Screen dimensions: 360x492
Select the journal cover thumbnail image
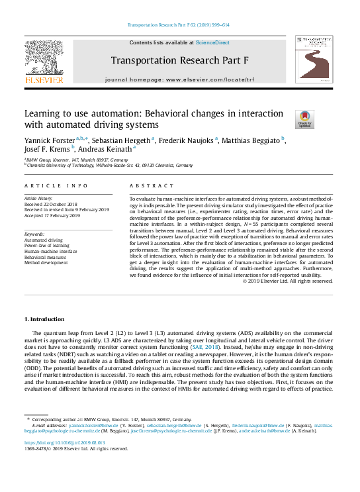point(314,60)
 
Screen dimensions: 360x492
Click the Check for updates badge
point(304,120)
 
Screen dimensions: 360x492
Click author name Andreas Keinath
point(112,149)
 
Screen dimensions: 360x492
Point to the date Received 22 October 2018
point(52,204)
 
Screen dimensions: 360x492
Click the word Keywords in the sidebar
point(35,234)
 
